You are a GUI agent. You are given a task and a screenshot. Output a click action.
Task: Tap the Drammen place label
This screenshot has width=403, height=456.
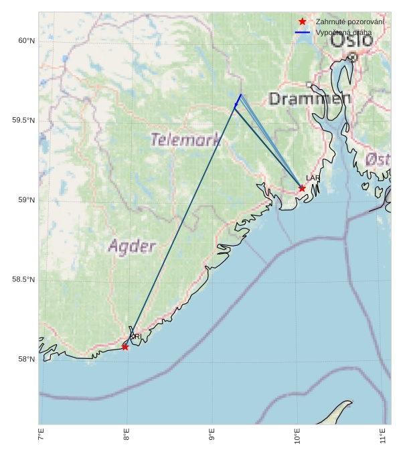tap(310, 100)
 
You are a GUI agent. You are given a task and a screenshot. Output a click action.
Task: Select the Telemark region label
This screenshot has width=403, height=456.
tap(185, 140)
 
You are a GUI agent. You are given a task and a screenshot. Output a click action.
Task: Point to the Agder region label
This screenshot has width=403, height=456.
tap(132, 246)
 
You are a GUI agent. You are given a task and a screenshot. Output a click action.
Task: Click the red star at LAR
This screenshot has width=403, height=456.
tap(302, 188)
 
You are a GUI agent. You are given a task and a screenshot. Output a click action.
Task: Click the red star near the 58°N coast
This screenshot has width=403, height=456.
tap(125, 347)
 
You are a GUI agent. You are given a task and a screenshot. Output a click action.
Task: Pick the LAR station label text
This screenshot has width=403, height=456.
tap(313, 178)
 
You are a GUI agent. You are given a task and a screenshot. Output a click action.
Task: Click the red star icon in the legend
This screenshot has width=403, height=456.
tap(303, 22)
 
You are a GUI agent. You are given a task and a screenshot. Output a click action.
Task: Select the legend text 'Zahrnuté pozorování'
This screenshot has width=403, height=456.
tap(349, 22)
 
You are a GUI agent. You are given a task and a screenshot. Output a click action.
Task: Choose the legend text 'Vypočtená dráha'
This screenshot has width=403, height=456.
tap(343, 32)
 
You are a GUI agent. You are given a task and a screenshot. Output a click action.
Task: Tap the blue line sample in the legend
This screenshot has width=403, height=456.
tap(303, 32)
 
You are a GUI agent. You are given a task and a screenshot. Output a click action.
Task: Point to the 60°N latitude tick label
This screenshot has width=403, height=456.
tap(26, 41)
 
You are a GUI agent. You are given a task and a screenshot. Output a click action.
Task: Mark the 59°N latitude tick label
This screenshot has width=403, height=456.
tap(26, 200)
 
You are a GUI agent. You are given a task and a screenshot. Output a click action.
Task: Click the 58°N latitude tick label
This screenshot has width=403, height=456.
tap(26, 360)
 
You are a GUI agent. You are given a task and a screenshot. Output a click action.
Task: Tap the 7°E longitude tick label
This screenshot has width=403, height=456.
tap(41, 438)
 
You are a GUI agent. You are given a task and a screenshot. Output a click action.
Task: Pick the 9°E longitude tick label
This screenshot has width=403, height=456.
tap(212, 438)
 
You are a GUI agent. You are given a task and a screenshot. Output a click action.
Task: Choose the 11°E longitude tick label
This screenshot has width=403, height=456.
tap(383, 438)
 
